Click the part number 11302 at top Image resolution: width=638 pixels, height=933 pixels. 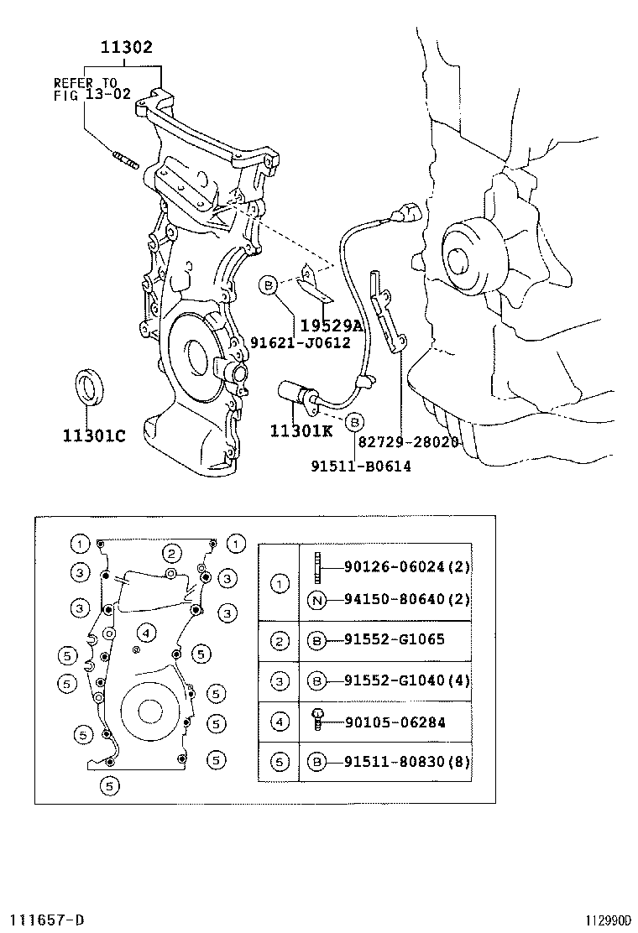[x=127, y=48]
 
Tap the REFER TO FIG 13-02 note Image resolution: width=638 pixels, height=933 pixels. [x=92, y=88]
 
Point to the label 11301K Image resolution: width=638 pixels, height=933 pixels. [x=301, y=431]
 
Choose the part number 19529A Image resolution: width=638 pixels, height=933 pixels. [x=331, y=326]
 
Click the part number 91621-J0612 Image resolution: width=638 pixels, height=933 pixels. [x=301, y=342]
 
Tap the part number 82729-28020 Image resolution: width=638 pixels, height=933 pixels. [x=409, y=441]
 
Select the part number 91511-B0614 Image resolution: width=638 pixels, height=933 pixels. [x=360, y=466]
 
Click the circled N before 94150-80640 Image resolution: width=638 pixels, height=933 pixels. [x=317, y=599]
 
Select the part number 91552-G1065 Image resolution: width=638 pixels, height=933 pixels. [x=394, y=639]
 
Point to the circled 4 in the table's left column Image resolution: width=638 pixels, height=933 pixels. [x=280, y=722]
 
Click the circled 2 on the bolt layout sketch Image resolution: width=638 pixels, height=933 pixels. [x=172, y=553]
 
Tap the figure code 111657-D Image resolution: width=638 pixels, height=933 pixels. [x=47, y=920]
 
